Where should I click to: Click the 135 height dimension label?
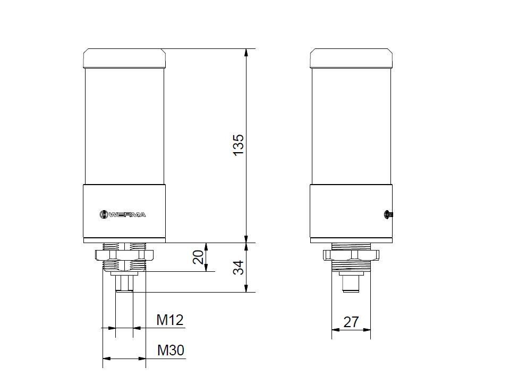pos(239,145)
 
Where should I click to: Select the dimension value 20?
pos(198,257)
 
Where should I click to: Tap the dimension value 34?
pos(239,267)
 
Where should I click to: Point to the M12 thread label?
pos(170,320)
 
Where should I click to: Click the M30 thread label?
pos(171,350)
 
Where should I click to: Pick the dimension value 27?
pos(351,322)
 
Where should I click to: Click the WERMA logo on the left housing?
pos(123,214)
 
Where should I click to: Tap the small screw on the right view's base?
pos(388,214)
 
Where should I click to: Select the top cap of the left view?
pos(124,59)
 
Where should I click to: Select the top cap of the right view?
pos(351,59)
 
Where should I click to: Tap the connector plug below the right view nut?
pos(351,283)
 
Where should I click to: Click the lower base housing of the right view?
pos(351,213)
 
